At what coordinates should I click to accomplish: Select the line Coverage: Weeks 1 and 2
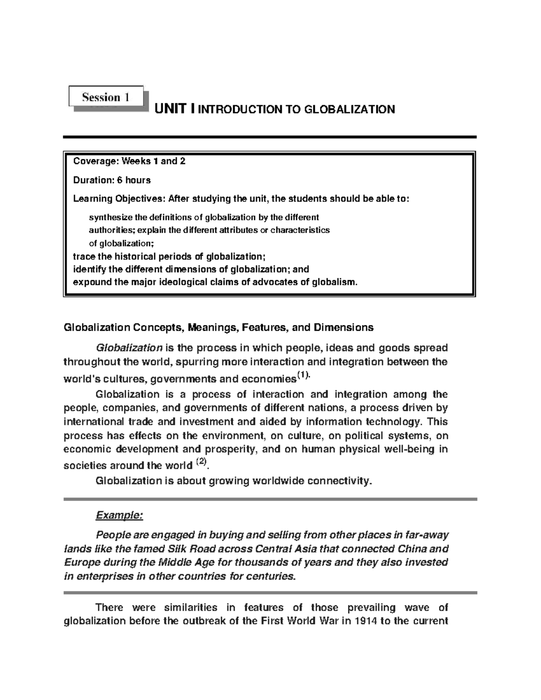(x=129, y=161)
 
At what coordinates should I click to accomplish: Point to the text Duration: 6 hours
(x=112, y=180)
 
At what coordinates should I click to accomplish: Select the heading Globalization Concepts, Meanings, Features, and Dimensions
(x=219, y=327)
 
